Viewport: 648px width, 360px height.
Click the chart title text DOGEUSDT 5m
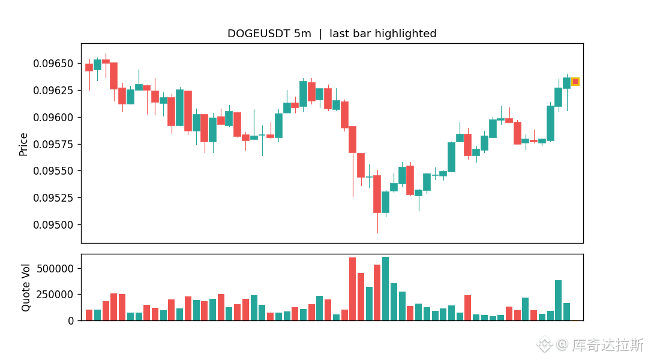tap(269, 34)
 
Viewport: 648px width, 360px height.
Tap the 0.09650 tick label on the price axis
tap(53, 64)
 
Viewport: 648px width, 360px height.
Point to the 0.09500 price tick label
tap(53, 225)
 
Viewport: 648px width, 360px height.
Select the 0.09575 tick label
tap(53, 144)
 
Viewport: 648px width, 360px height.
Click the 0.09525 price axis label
tap(53, 198)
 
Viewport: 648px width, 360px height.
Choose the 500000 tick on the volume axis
tap(55, 269)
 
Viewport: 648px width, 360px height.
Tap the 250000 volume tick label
tap(55, 295)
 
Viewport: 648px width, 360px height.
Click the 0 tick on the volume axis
tap(71, 321)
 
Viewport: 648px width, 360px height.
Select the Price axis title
tap(23, 144)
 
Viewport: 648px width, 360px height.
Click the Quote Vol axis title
tap(26, 287)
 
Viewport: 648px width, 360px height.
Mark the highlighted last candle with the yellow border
tap(575, 82)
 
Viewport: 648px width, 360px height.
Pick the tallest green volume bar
tap(386, 289)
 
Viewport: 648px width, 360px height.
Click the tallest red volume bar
tap(353, 289)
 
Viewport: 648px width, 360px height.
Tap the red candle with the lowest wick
tap(377, 194)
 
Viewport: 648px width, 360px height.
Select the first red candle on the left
tap(89, 68)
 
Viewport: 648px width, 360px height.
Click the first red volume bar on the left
tap(89, 315)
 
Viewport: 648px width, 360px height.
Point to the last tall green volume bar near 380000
tap(559, 301)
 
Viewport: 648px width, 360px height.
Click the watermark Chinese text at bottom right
tap(607, 345)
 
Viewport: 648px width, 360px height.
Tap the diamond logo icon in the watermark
tap(545, 344)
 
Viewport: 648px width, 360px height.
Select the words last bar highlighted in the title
tap(383, 34)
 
